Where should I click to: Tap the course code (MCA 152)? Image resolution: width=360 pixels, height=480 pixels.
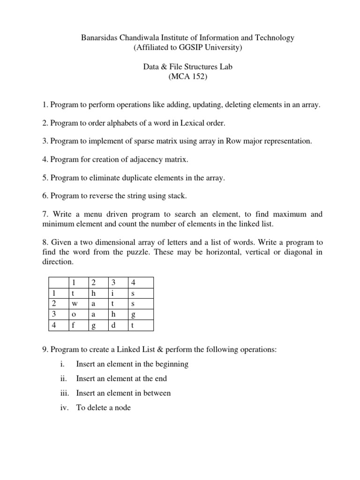187,76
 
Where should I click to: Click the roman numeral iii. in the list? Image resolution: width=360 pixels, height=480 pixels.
65,393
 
